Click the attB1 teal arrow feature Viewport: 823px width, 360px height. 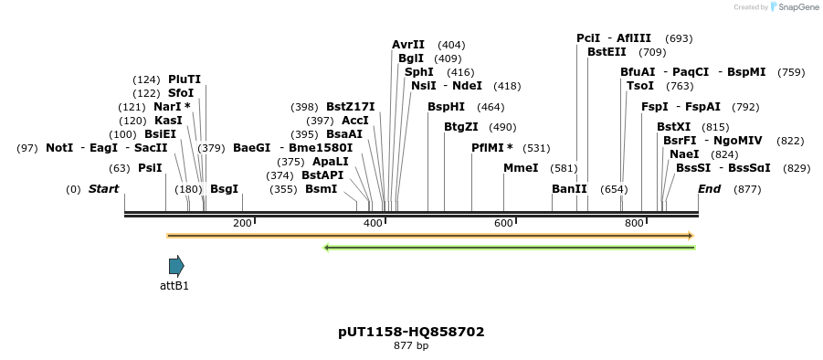(x=176, y=266)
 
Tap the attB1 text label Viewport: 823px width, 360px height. (x=174, y=286)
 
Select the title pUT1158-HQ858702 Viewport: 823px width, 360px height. (x=411, y=332)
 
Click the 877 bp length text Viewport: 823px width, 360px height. (x=411, y=345)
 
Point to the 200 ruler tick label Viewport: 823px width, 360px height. (x=242, y=223)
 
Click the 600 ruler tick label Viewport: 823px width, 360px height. (x=503, y=223)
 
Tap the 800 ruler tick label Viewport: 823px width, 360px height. (x=634, y=223)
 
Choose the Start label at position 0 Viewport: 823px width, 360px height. (x=103, y=189)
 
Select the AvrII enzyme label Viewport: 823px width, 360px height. (x=408, y=44)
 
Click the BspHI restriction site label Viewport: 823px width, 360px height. (x=446, y=106)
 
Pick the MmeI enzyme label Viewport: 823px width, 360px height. (x=521, y=168)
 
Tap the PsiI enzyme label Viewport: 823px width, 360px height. (x=150, y=168)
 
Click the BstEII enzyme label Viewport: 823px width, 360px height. (x=607, y=52)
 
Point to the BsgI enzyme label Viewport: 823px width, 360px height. (x=224, y=189)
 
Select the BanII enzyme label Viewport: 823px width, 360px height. (x=569, y=189)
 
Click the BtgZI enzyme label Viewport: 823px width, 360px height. (x=461, y=127)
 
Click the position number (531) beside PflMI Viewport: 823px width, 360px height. (x=536, y=148)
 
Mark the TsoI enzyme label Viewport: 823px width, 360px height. (x=640, y=86)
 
